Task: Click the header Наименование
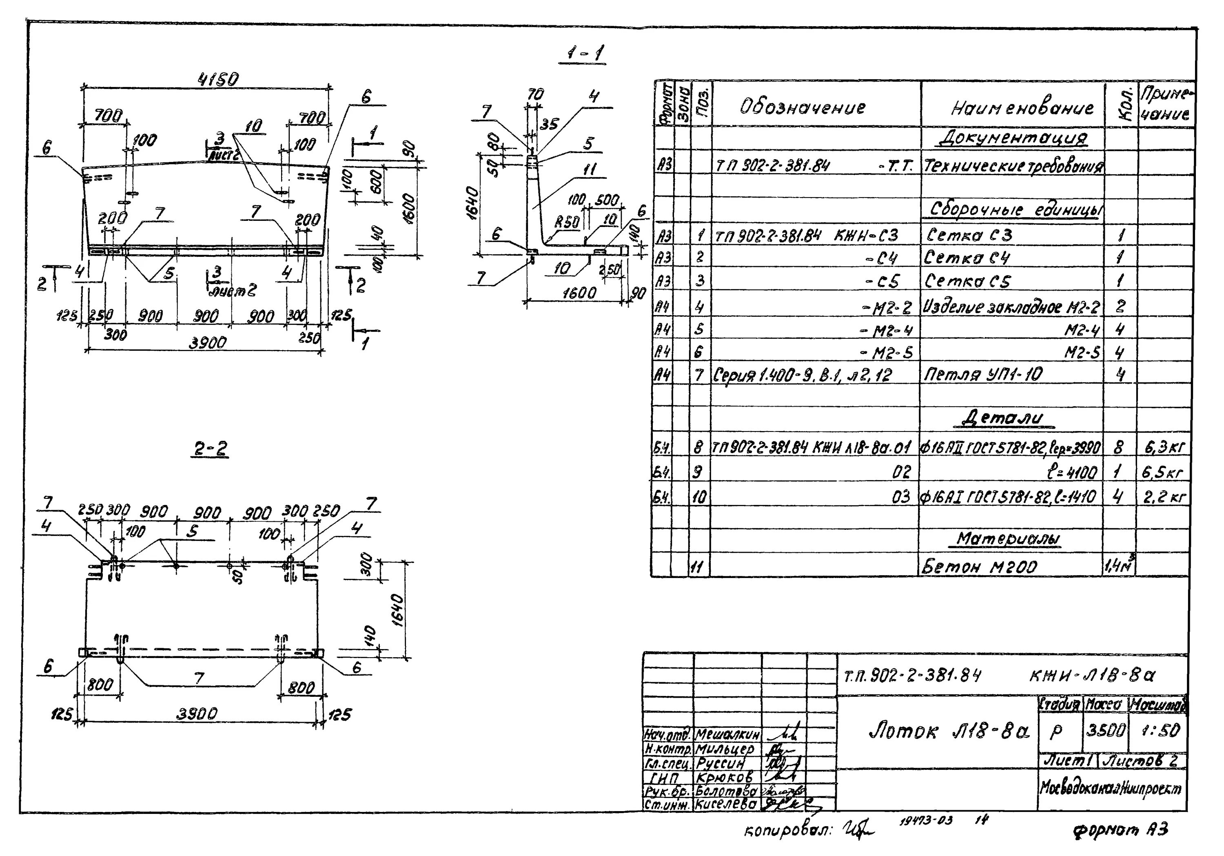[1022, 108]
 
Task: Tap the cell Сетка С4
[967, 258]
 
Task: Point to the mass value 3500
[1106, 730]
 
